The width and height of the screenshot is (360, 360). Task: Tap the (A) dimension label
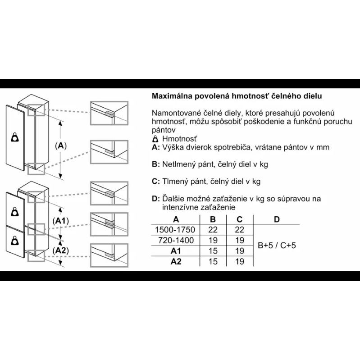point(61,146)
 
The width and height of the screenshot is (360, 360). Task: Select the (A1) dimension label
point(61,221)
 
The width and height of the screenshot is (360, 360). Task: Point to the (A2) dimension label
point(61,251)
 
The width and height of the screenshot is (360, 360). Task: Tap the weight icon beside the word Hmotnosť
point(155,139)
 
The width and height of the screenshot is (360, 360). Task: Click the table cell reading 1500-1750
point(175,230)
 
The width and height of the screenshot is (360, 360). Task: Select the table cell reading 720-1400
point(176,241)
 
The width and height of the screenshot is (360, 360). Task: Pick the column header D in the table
point(277,219)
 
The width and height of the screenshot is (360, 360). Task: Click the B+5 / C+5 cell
point(277,246)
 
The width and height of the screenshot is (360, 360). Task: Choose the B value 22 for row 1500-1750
point(213,230)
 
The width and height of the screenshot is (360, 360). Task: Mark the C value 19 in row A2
point(239,261)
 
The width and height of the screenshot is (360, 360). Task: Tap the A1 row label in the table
point(176,251)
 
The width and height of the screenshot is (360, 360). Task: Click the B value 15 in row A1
point(213,251)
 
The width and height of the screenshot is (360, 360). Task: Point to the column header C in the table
point(239,219)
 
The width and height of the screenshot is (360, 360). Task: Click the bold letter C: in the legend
point(156,182)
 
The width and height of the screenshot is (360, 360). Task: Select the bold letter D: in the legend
point(156,199)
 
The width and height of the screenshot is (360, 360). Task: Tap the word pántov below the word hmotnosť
point(164,130)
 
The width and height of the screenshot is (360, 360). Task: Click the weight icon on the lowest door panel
point(15,241)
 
